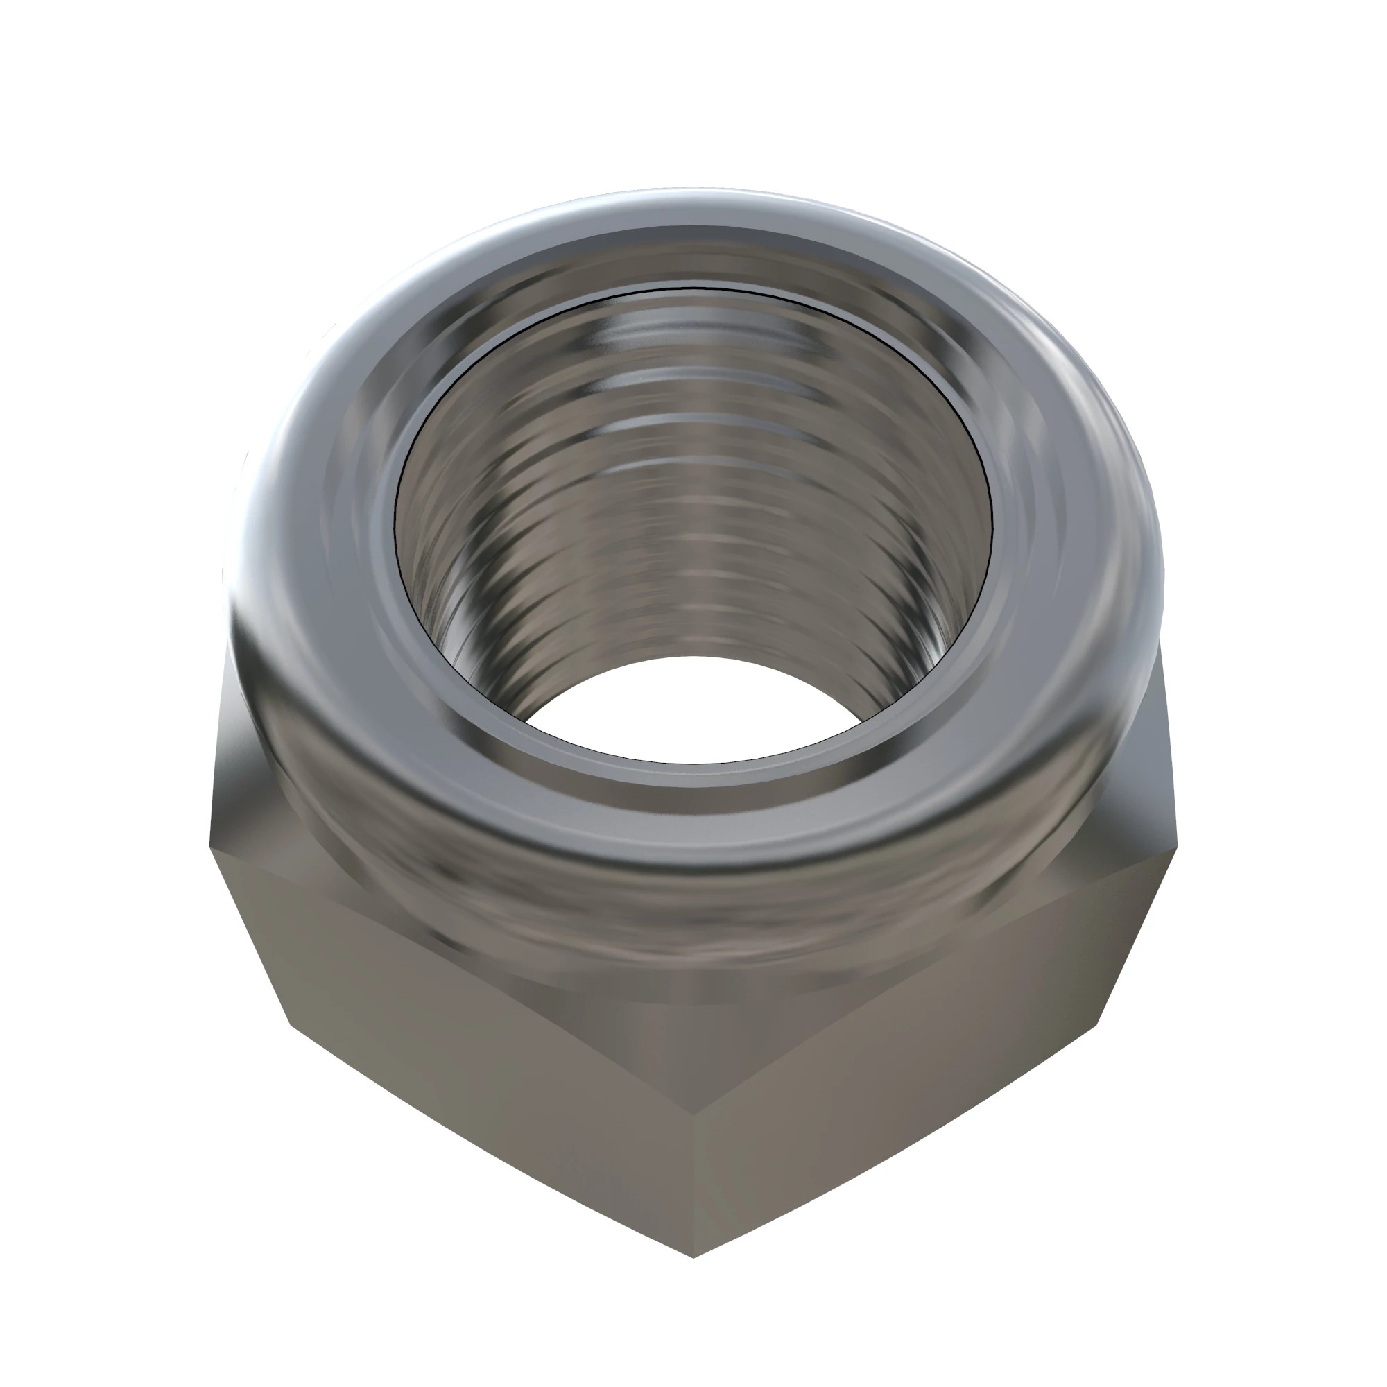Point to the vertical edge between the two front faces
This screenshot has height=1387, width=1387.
tap(693, 1148)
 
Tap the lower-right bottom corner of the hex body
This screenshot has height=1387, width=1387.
tap(1099, 1023)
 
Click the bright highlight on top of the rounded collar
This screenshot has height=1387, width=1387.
tap(689, 208)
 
